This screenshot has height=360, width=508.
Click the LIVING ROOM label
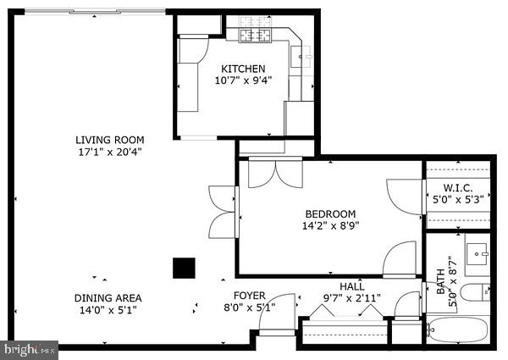click(109, 140)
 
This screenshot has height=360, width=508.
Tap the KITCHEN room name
click(243, 69)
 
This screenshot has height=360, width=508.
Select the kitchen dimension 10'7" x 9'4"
click(243, 81)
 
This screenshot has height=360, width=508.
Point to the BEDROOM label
click(329, 213)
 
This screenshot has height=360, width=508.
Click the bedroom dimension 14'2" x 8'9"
click(329, 226)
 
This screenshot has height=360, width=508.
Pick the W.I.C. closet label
click(458, 187)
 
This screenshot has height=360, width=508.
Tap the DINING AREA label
click(108, 297)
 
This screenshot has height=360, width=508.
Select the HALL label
click(352, 286)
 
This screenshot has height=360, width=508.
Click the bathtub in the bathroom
click(457, 330)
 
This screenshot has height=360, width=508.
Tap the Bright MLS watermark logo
click(30, 348)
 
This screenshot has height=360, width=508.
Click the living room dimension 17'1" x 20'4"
click(109, 152)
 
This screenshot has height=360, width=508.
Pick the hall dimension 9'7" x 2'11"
click(352, 298)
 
